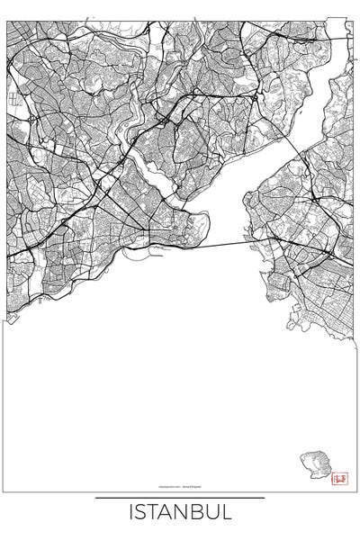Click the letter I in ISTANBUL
131,513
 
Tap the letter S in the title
141,513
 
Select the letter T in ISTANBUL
154,513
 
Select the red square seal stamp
339,479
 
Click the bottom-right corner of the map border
353,491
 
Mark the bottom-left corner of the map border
7,491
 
